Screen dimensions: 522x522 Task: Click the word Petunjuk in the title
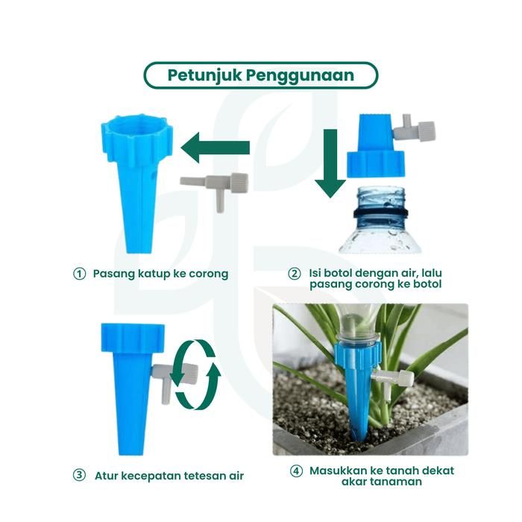pos(204,76)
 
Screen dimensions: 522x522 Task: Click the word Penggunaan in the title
pos(300,76)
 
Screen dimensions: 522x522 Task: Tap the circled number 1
pos(79,274)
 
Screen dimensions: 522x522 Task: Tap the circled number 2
pos(294,274)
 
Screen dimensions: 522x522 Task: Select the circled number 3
pos(79,475)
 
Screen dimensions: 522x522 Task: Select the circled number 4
pos(296,471)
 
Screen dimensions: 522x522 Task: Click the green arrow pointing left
pos(216,148)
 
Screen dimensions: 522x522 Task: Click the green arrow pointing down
pos(330,164)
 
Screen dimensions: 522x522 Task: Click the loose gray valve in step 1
pos(214,188)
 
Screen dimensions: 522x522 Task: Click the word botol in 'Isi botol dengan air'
pos(338,273)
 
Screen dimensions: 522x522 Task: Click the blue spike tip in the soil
pos(360,432)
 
